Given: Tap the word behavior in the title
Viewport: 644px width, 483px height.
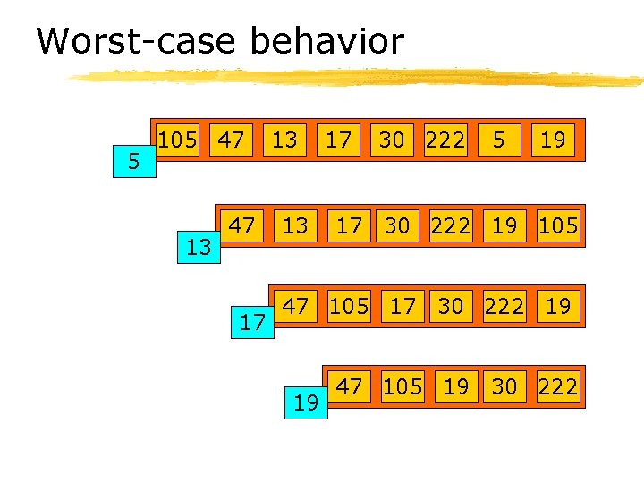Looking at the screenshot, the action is pyautogui.click(x=326, y=41).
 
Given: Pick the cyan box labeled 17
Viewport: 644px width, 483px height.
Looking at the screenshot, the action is pyautogui.click(x=253, y=322).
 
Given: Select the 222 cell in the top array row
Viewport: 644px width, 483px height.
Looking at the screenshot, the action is pyautogui.click(x=445, y=140).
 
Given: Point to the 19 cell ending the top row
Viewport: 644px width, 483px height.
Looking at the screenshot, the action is pyautogui.click(x=553, y=140).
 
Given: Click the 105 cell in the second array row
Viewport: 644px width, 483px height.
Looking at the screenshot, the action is pyautogui.click(x=558, y=225).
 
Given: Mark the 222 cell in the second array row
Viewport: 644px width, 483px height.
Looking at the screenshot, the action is pyautogui.click(x=450, y=225).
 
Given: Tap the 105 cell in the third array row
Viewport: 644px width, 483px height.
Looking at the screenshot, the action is pyautogui.click(x=348, y=306).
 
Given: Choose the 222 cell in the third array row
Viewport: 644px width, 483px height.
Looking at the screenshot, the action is pyautogui.click(x=505, y=306).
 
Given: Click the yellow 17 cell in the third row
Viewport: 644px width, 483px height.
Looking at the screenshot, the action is pyautogui.click(x=402, y=306).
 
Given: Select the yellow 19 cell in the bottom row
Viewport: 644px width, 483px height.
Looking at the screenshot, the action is pyautogui.click(x=456, y=386).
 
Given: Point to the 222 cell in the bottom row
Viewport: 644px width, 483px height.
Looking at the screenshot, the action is pyautogui.click(x=558, y=386).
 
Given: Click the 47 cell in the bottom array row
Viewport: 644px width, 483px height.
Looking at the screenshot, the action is pyautogui.click(x=349, y=386).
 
